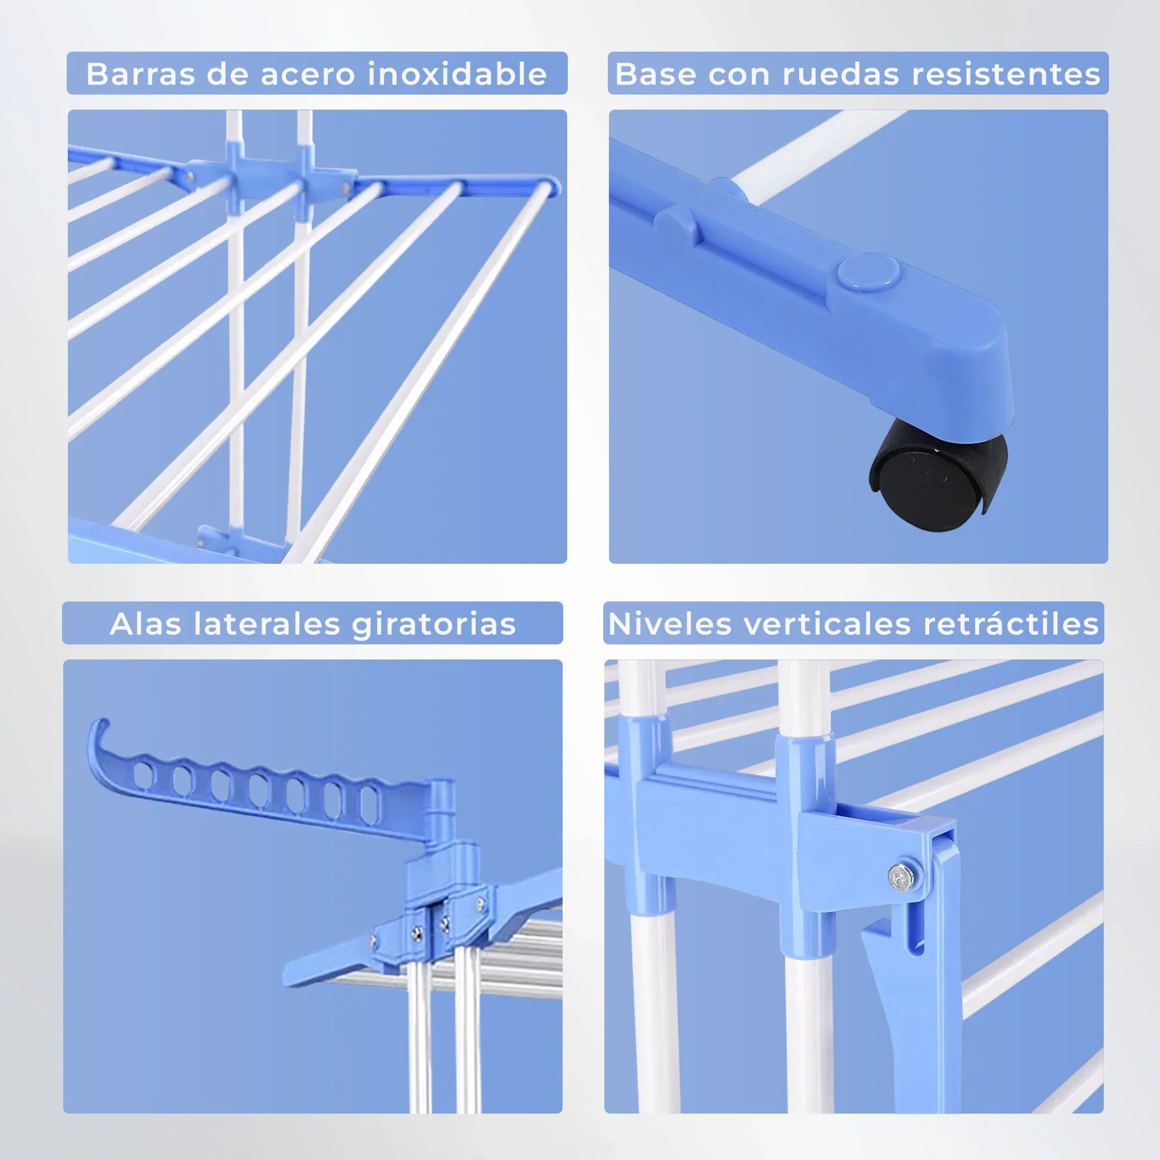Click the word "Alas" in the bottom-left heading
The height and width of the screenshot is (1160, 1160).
[x=146, y=623]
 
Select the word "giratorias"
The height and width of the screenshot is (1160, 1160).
[x=434, y=623]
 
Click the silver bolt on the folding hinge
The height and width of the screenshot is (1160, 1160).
[x=900, y=875]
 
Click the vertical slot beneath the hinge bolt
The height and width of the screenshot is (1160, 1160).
[x=915, y=928]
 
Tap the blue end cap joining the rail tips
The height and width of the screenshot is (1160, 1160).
[x=551, y=187]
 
